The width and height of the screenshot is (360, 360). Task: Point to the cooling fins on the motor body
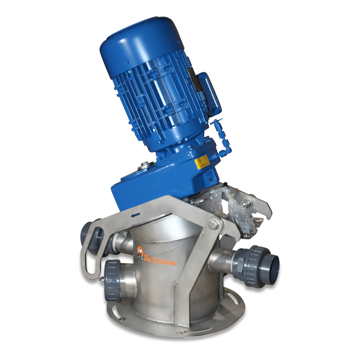[154, 103]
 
